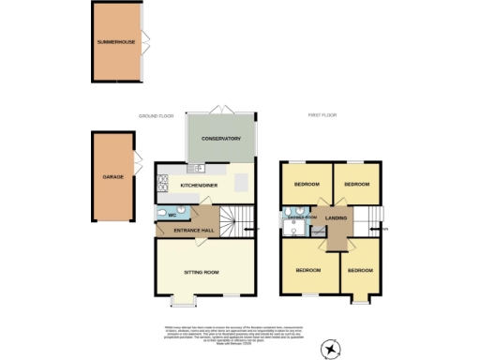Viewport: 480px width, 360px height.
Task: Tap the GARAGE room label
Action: (x=112, y=176)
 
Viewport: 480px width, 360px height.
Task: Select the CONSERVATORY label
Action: (x=220, y=139)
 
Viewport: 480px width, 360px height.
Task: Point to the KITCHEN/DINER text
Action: (x=199, y=185)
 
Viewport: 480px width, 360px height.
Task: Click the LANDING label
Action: (x=336, y=219)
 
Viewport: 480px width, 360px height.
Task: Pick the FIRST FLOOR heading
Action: (x=323, y=115)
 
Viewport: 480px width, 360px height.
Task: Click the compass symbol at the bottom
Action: (x=330, y=348)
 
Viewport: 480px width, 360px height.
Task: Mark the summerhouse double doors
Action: (x=142, y=44)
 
